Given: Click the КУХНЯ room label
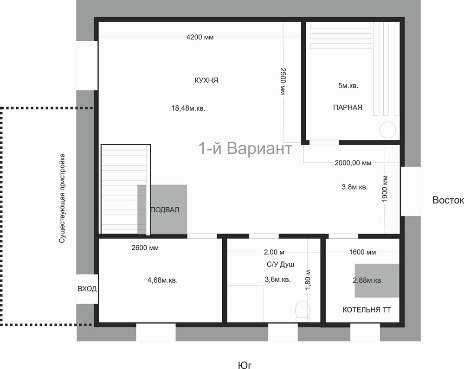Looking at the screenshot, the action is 206,80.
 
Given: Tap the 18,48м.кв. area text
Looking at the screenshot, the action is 188,108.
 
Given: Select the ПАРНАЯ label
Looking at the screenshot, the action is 348,108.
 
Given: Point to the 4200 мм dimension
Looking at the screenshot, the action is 200,37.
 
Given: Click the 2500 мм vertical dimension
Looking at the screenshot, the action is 283,81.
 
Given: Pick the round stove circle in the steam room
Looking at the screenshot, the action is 387,130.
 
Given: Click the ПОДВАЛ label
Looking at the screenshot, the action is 165,210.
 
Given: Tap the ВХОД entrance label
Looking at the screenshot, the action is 87,289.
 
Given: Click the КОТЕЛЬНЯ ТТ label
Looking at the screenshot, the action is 367,310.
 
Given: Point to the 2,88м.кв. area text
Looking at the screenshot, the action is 368,280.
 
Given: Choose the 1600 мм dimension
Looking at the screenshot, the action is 362,252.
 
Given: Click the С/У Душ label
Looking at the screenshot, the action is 280,264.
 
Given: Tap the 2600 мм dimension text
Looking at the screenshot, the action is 145,248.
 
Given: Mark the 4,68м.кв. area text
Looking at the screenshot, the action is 162,280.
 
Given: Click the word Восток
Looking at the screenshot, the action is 448,200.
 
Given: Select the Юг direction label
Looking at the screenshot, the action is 245,365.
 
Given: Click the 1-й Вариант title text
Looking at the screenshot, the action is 245,148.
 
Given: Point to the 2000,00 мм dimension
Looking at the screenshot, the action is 353,163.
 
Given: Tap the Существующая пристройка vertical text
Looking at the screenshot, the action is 62,198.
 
